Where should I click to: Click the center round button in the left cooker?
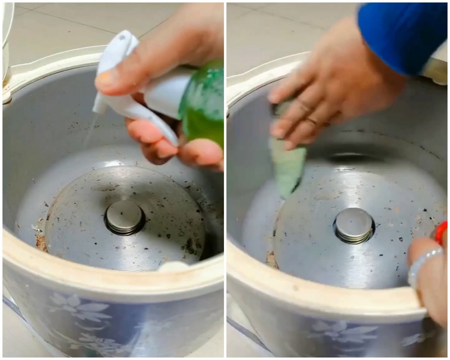point(124,217)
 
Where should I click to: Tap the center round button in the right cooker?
point(353,224)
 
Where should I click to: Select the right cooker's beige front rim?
point(319,296)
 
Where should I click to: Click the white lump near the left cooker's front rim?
point(172,267)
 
